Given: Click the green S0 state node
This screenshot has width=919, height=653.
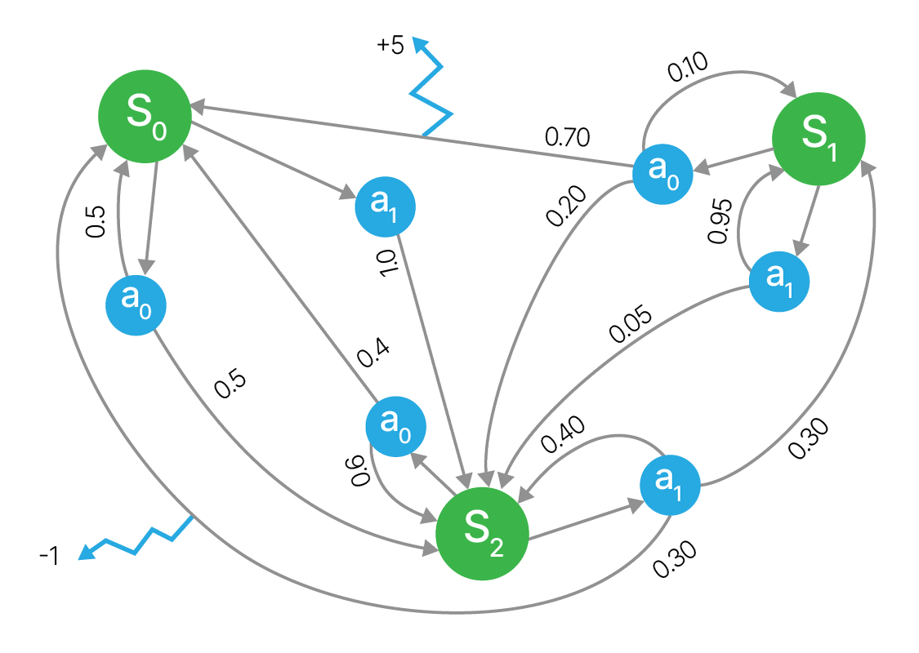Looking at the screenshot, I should point(145,115).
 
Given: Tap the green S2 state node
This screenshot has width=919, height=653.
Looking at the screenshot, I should point(482,535).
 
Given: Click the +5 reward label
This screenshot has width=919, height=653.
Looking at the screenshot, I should point(390,46).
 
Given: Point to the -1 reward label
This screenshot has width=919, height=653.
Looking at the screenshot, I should point(48,557).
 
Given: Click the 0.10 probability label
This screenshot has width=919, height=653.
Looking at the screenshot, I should point(688,69).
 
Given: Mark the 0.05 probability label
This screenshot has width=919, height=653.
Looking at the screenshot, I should point(631,324).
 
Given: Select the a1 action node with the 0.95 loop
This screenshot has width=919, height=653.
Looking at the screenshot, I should point(779,281).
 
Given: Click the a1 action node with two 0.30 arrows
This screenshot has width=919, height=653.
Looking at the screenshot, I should point(671,485).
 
